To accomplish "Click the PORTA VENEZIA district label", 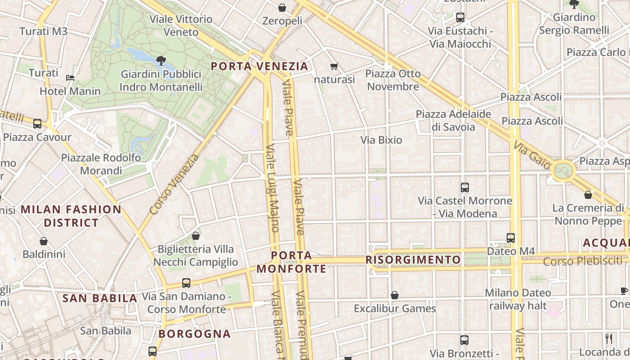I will click(260, 66).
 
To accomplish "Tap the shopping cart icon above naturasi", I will click(334, 67).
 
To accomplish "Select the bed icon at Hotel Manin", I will click(70, 77).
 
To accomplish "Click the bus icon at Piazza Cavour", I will click(37, 123).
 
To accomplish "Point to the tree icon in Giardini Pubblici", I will click(161, 60).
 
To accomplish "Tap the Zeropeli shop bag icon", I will click(282, 8).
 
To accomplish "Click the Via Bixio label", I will click(381, 140).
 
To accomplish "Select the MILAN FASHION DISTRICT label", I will click(71, 216).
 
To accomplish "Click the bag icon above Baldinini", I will click(44, 241).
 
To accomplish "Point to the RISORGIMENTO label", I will click(413, 260).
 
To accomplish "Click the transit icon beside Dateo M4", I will click(510, 238).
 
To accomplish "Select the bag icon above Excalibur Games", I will click(395, 295).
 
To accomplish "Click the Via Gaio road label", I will click(531, 154).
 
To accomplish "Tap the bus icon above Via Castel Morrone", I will click(465, 187).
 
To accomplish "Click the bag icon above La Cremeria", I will click(588, 195).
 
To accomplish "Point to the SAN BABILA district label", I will click(99, 298).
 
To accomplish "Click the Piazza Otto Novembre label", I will click(393, 80).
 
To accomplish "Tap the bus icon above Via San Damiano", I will click(186, 283).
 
